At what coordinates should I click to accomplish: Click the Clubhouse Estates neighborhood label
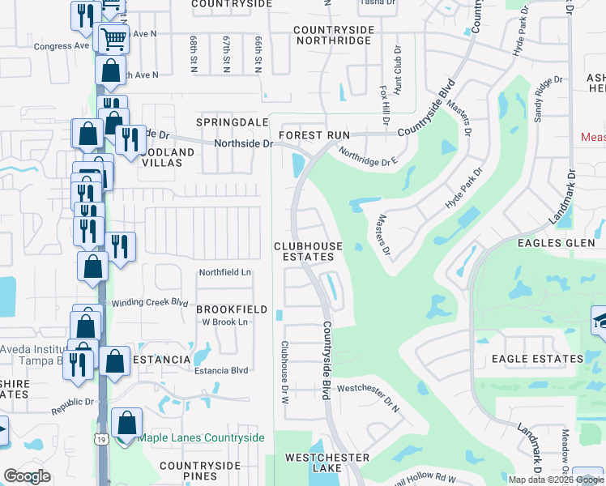[307, 251]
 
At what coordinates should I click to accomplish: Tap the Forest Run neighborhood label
[314, 135]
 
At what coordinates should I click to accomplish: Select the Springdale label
[222, 122]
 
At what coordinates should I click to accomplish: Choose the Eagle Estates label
[536, 358]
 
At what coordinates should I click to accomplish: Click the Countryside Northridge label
[334, 36]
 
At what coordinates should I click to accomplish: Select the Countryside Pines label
[200, 471]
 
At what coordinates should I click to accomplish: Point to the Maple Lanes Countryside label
[201, 438]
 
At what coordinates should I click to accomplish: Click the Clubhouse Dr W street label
[285, 372]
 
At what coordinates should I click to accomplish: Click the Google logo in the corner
[27, 476]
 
